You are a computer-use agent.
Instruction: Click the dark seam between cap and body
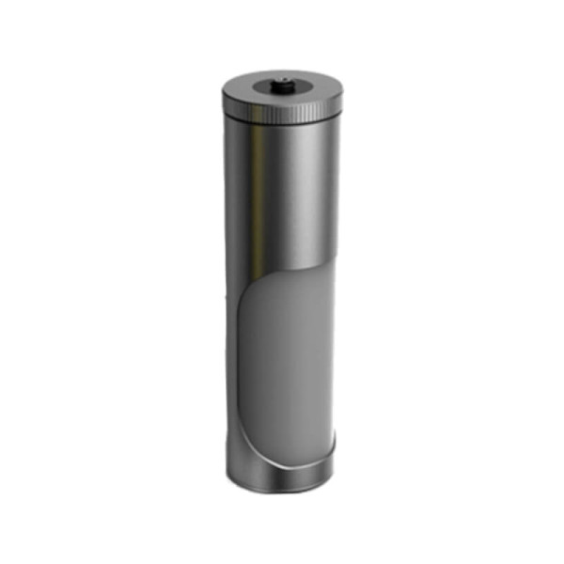pyautogui.click(x=282, y=122)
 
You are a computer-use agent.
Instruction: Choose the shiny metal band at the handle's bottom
pyautogui.click(x=282, y=476)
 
